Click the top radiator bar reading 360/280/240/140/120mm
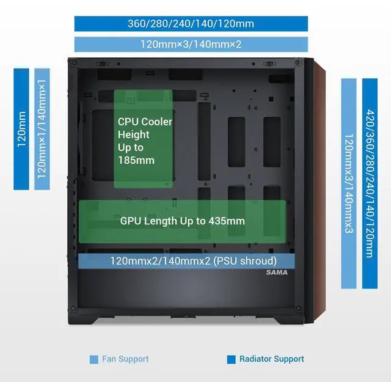(191, 24)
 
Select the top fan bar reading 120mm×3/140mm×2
(191, 45)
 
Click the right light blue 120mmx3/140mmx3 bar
(349, 183)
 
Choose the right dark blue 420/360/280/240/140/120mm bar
(370, 183)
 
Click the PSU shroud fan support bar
(187, 261)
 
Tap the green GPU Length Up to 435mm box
(182, 221)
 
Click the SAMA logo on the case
(277, 273)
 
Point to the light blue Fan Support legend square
(94, 359)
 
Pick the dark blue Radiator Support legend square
(231, 359)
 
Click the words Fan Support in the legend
(125, 359)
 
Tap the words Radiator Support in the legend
(271, 359)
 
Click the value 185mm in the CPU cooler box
(136, 161)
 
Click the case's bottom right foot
(286, 321)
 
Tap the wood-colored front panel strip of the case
(318, 183)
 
